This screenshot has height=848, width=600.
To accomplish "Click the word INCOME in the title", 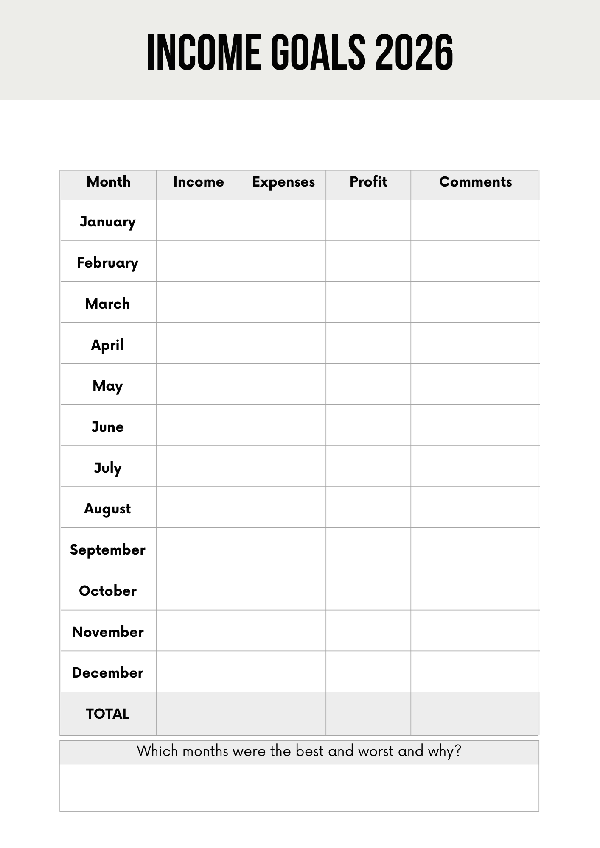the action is (204, 53).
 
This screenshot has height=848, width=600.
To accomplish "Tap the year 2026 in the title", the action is (414, 53).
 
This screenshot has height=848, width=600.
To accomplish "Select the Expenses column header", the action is (283, 182).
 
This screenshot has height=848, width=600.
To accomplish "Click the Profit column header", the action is (368, 182).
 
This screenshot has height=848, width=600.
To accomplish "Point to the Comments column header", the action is (475, 182).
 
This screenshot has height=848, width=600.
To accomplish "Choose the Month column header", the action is (108, 182).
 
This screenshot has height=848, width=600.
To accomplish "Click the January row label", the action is (108, 221).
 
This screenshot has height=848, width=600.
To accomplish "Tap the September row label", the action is (108, 550).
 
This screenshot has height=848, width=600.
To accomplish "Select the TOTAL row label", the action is (108, 714).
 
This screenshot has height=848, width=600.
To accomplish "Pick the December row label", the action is (108, 673).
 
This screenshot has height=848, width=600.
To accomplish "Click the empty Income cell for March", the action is (199, 302).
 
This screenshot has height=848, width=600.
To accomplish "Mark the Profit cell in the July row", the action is (368, 466).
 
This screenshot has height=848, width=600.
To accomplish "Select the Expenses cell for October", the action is (283, 590).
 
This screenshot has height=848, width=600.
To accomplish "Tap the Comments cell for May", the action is (474, 384).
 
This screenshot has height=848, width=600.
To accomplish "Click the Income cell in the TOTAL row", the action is (199, 714).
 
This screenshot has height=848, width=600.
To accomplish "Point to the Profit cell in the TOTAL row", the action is (368, 714).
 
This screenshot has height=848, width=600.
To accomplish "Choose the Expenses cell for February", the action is (283, 261).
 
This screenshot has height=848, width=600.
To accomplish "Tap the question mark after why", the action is (457, 751).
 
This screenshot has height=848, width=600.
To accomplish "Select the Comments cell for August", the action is (474, 508).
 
